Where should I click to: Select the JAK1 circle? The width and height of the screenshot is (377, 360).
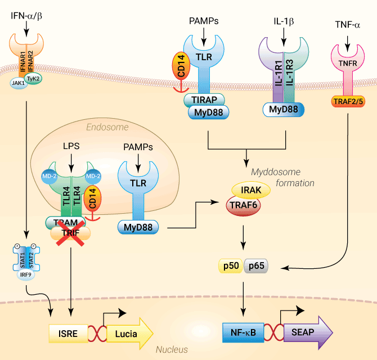(x=19, y=83)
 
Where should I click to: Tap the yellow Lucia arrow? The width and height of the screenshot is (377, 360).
(x=129, y=334)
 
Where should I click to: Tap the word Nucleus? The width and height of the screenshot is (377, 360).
(x=172, y=349)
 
